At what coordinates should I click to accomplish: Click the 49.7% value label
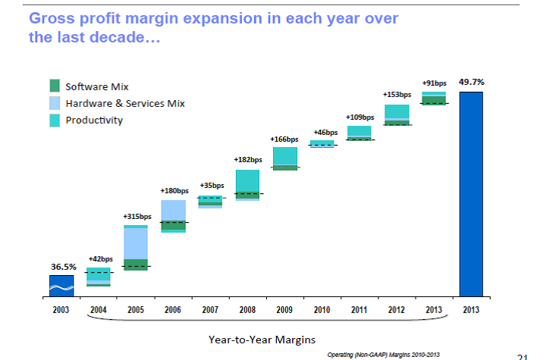coord(471,81)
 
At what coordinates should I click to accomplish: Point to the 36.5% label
coord(62,267)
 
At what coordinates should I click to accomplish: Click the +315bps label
coord(137,217)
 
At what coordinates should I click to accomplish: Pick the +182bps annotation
coord(247,160)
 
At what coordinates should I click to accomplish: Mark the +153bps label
coord(397,95)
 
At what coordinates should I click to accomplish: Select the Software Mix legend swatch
coord(55,87)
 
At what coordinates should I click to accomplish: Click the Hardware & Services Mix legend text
coord(125,103)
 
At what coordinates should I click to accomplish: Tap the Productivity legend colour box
coord(55,121)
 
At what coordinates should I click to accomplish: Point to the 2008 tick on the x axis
coord(247,309)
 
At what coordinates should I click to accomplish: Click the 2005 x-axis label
coord(136,309)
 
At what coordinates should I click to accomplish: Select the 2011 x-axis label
coord(359,309)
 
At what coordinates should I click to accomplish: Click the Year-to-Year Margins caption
coord(262,339)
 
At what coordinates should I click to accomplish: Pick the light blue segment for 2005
coord(136,243)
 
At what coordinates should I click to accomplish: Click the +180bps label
coord(174,190)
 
